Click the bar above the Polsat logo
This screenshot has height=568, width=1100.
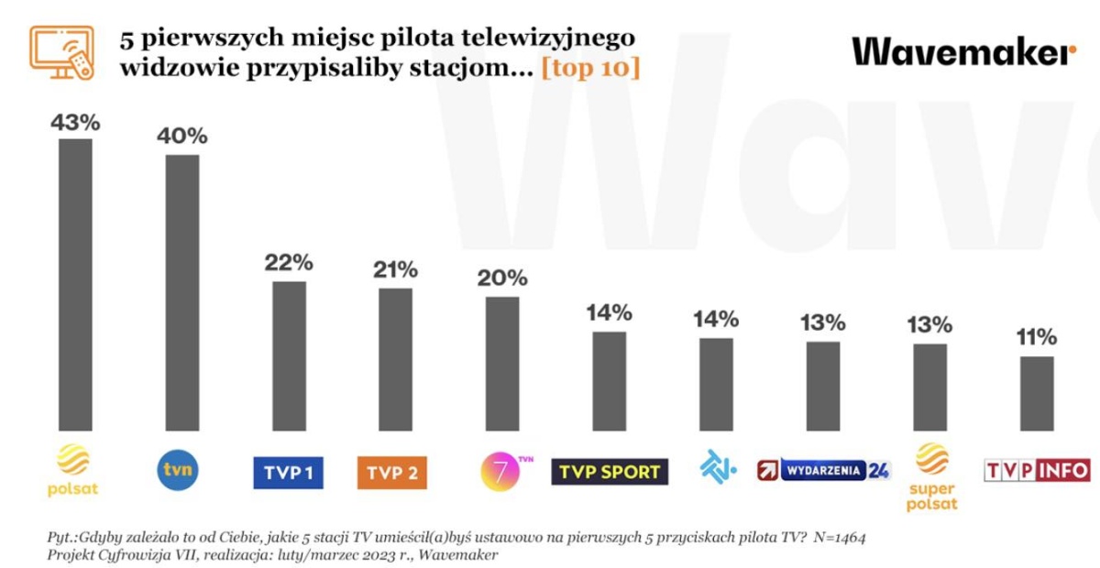tap(75, 285)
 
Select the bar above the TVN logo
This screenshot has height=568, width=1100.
tap(181, 292)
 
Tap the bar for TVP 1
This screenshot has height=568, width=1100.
tap(289, 355)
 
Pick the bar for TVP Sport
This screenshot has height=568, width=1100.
tap(609, 381)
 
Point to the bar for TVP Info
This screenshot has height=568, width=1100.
tap(1036, 393)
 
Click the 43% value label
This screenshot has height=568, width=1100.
tap(75, 122)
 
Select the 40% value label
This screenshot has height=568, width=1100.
tap(181, 137)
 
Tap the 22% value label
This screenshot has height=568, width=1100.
tap(289, 263)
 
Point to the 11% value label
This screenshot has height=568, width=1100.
tap(1036, 338)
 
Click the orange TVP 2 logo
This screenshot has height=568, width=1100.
tap(392, 473)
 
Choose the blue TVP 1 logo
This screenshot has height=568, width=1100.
tap(289, 473)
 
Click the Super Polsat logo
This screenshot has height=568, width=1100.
tap(931, 476)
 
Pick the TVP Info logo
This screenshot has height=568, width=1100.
tap(1037, 471)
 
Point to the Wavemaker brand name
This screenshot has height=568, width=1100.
tap(963, 51)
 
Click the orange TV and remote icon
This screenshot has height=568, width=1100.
tap(63, 52)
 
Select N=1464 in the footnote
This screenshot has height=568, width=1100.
tap(833, 537)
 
